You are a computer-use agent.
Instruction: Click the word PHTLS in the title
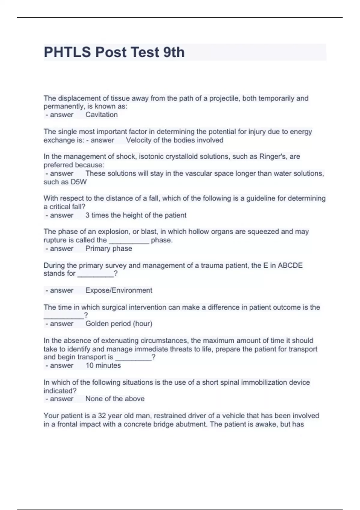pos(67,52)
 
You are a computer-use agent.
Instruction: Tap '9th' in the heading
pos(174,52)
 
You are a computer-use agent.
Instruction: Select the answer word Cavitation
pos(101,115)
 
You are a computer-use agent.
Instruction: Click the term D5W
pos(79,182)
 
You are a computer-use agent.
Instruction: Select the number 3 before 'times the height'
pos(87,215)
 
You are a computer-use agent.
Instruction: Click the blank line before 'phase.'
pos(129,241)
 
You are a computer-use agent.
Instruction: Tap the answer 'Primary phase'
pos(109,248)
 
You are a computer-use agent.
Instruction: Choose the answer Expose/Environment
pos(119,290)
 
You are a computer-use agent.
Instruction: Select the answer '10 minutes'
pos(103,365)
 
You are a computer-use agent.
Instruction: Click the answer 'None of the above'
pos(115,399)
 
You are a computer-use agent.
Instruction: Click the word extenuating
pos(120,340)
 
